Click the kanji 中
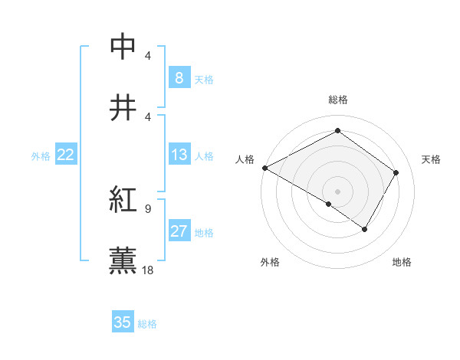click(x=123, y=45)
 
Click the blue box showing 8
click(x=179, y=77)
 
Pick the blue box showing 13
click(x=179, y=155)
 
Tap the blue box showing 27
click(x=179, y=231)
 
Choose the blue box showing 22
click(x=66, y=155)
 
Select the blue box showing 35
click(x=123, y=322)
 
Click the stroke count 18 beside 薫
click(x=149, y=270)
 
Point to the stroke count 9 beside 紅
click(x=148, y=208)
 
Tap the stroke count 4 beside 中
click(x=148, y=56)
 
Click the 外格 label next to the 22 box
click(x=41, y=156)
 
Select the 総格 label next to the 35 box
click(x=147, y=324)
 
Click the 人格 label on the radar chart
click(x=245, y=159)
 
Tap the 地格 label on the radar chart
click(x=402, y=262)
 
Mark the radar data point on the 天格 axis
click(x=396, y=172)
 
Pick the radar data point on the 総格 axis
click(x=337, y=131)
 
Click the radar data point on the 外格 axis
click(x=329, y=204)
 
